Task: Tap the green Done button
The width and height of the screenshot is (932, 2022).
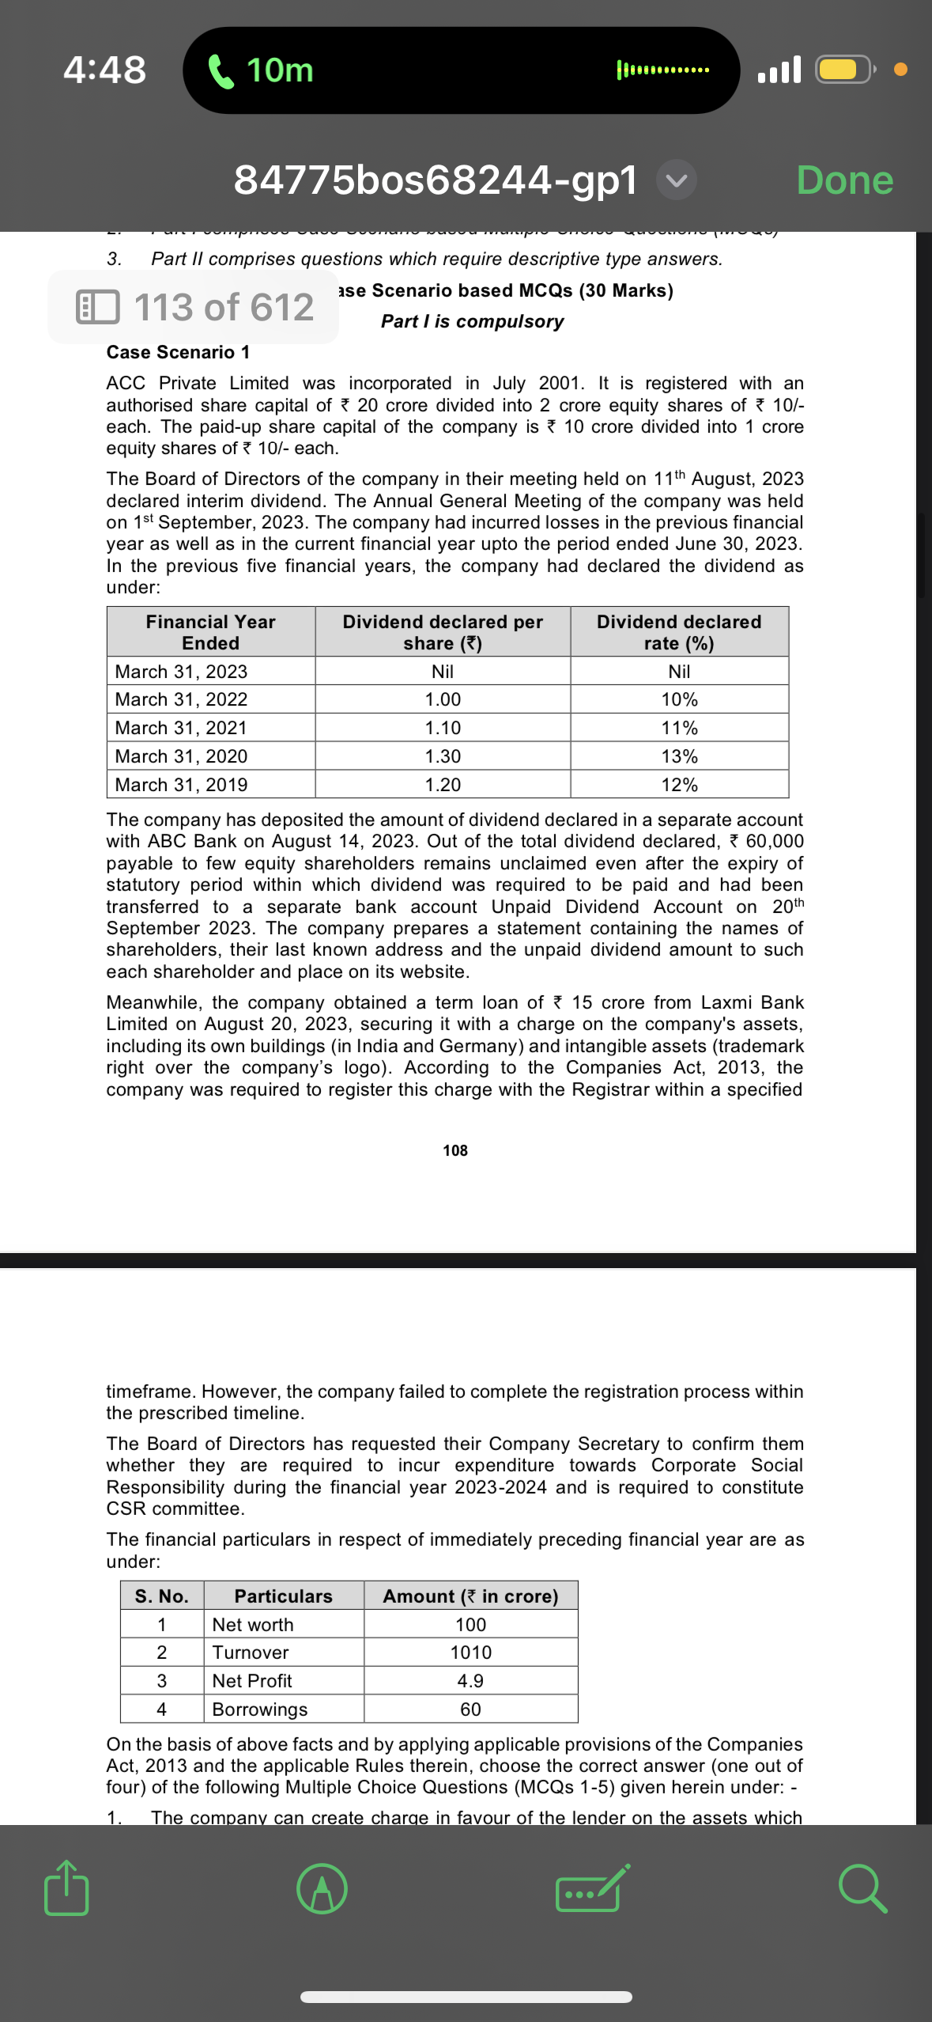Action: coord(844,180)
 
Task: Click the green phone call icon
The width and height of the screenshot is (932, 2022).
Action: coord(221,71)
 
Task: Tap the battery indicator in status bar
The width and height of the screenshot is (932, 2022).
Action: coord(843,70)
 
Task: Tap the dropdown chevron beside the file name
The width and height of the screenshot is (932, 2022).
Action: coord(676,180)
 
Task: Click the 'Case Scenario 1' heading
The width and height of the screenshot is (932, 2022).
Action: coord(178,352)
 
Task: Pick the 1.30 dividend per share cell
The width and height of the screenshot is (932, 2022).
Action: coord(443,756)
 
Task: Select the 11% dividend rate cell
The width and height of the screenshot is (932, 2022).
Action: coord(679,728)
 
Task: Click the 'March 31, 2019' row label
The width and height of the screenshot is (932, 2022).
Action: coord(181,785)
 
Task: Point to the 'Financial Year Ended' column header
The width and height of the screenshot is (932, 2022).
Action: coord(210,632)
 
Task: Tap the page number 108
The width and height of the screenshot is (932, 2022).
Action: coord(455,1150)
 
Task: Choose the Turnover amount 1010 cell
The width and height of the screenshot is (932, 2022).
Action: coord(470,1652)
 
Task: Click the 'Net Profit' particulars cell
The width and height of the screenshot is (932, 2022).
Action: coord(252,1680)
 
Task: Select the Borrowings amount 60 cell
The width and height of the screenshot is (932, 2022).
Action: coord(470,1709)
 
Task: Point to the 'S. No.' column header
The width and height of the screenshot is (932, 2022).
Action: coord(161,1596)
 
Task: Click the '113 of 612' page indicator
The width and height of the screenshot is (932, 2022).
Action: coord(194,307)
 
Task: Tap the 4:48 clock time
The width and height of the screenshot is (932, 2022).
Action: coord(104,70)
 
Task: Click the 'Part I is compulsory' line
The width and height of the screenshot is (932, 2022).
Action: coord(472,321)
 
